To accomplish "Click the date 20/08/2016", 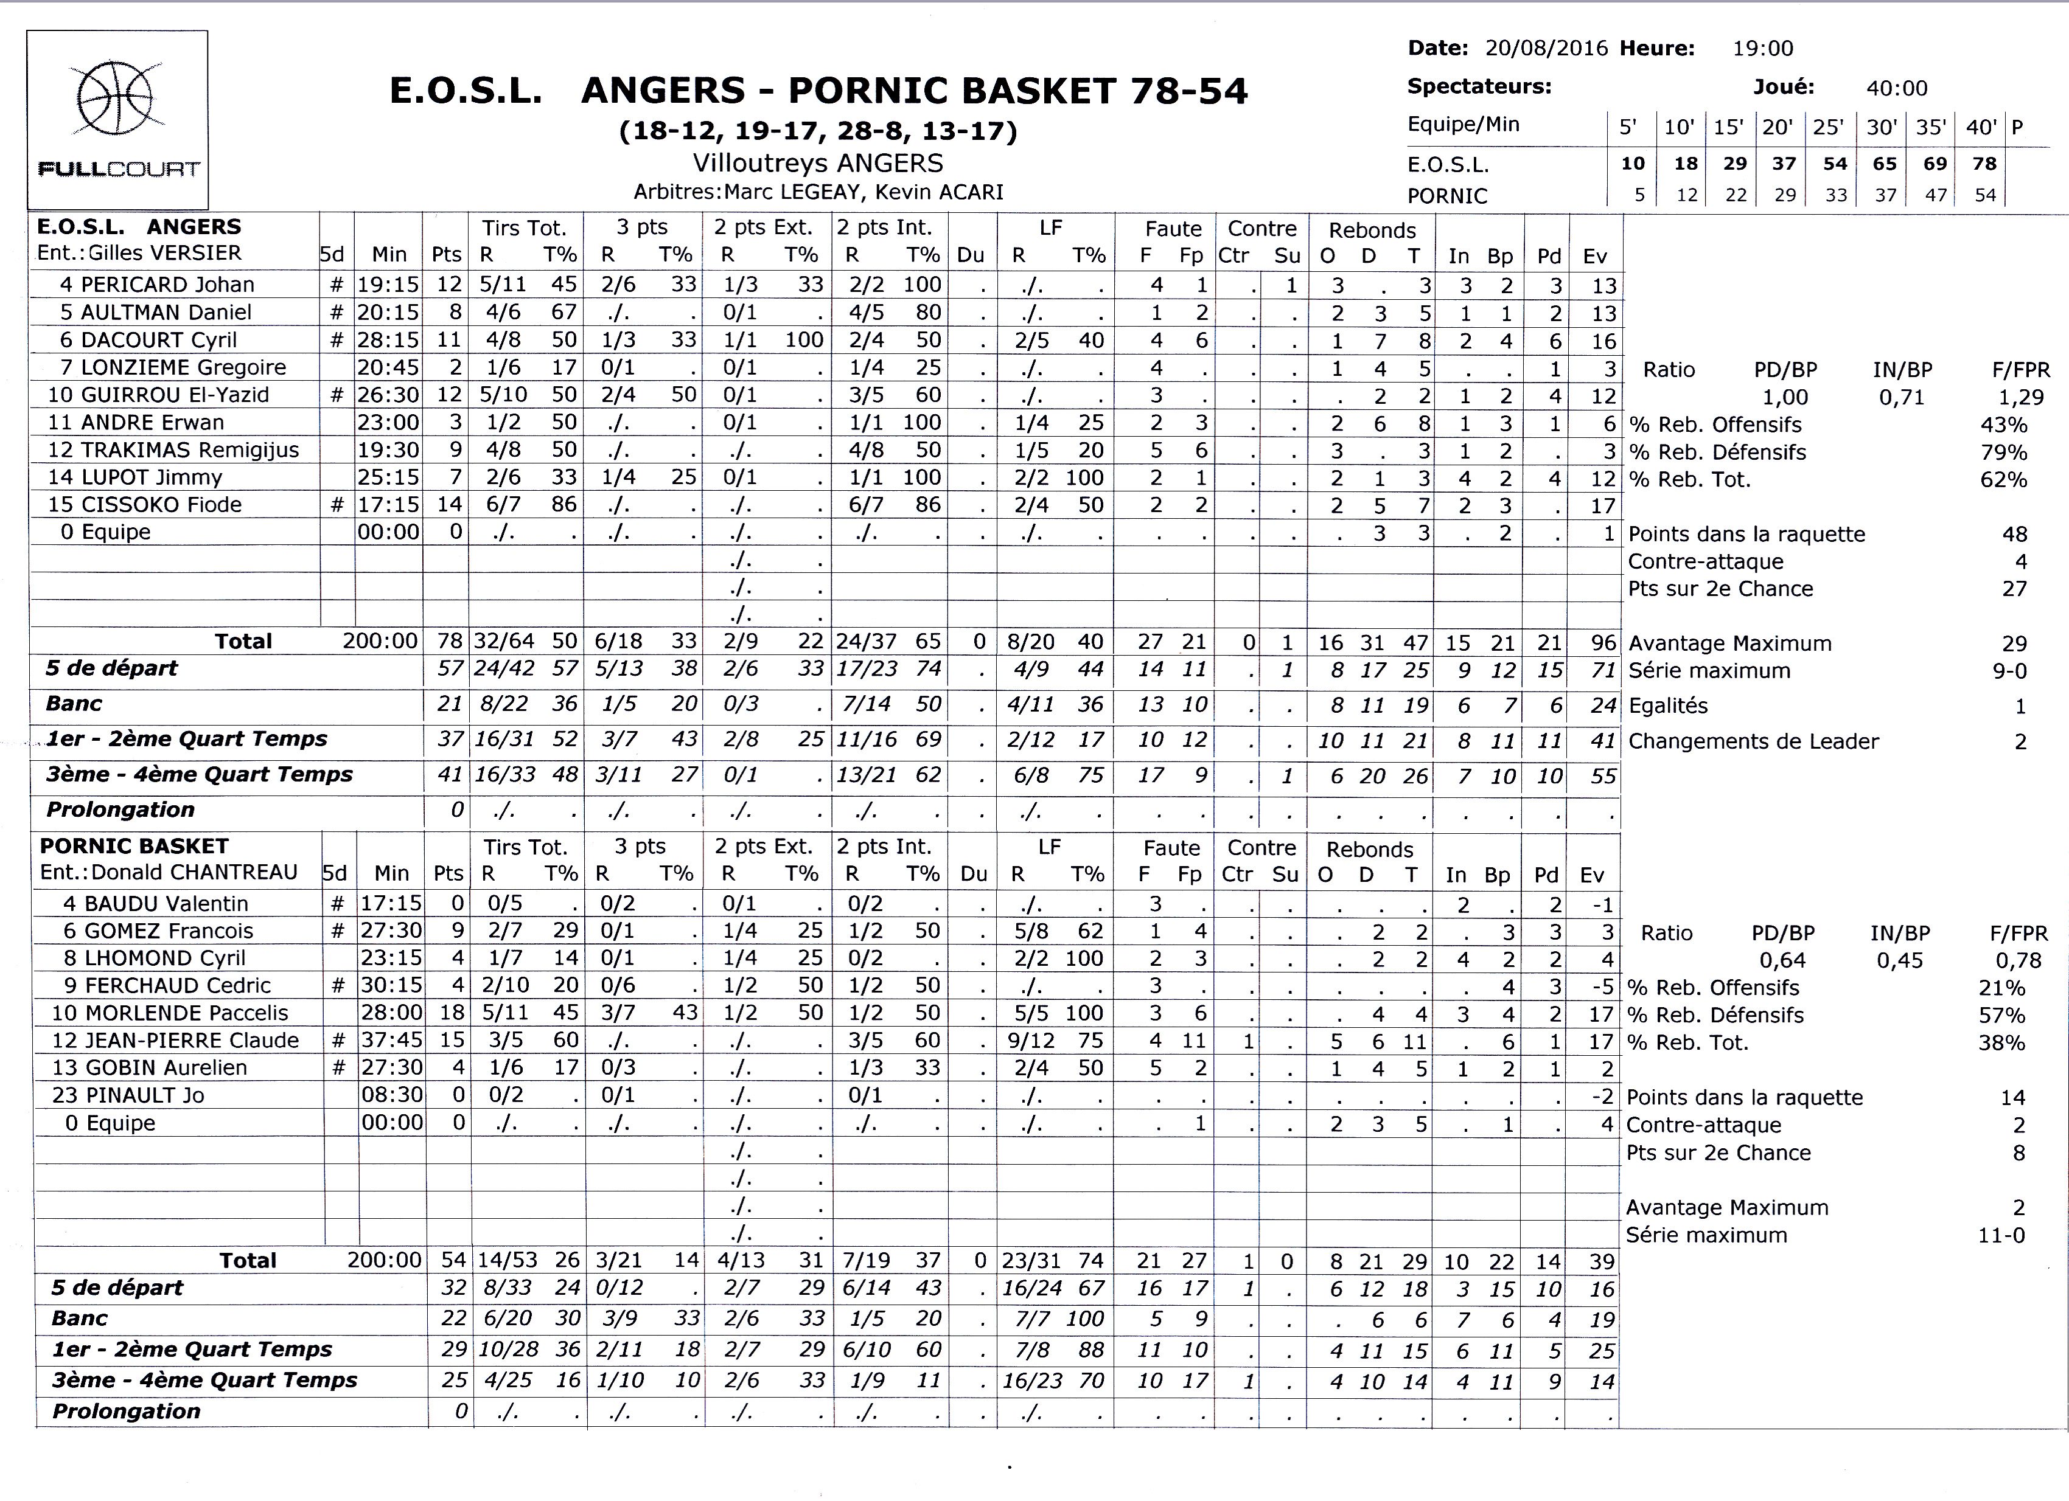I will pyautogui.click(x=1546, y=48).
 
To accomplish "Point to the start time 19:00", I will pyautogui.click(x=1762, y=48).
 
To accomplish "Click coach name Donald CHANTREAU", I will pyautogui.click(x=194, y=873).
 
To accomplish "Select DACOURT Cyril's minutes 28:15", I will pyautogui.click(x=388, y=340).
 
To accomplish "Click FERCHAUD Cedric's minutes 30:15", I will pyautogui.click(x=391, y=986).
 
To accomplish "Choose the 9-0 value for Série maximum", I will pyautogui.click(x=2008, y=671).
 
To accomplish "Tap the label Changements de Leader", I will pyautogui.click(x=1753, y=741).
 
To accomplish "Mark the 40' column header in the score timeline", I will pyautogui.click(x=1981, y=127).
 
